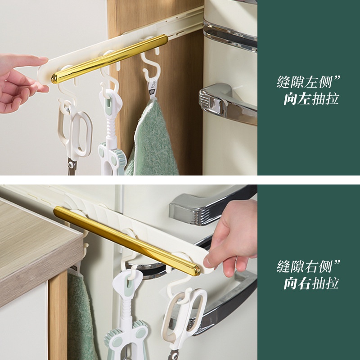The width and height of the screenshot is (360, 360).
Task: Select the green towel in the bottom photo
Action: (81, 319)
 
